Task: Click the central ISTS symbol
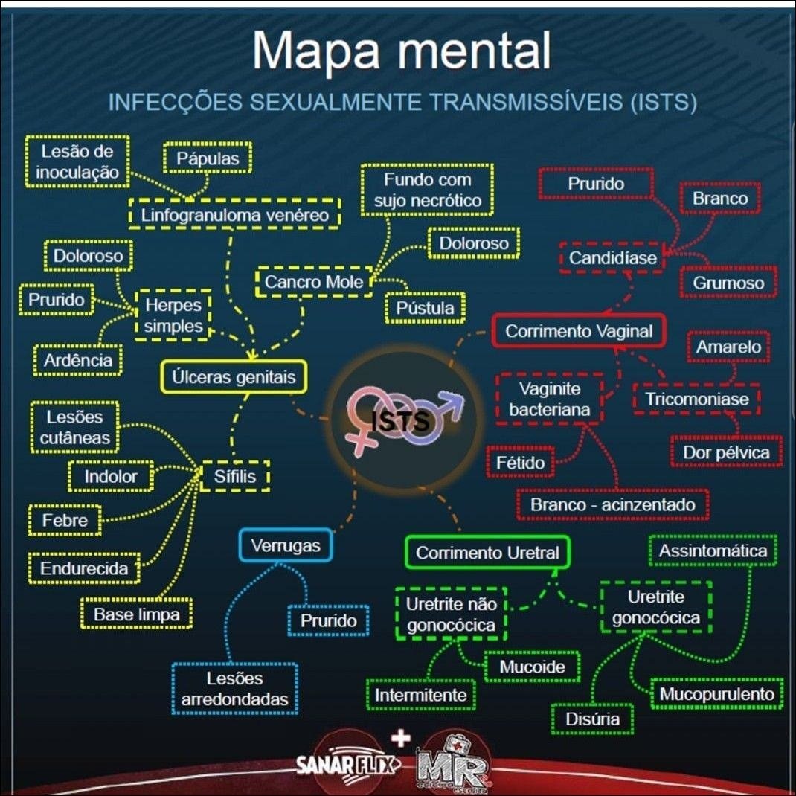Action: pyautogui.click(x=402, y=420)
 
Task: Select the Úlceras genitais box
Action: pyautogui.click(x=234, y=377)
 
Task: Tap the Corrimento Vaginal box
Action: pyautogui.click(x=578, y=331)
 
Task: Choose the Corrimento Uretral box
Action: pyautogui.click(x=487, y=553)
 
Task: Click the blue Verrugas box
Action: pyautogui.click(x=285, y=545)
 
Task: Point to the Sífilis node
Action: pyautogui.click(x=235, y=476)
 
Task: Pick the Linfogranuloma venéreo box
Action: pyautogui.click(x=235, y=215)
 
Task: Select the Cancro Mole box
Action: pyautogui.click(x=314, y=282)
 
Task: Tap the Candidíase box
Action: pyautogui.click(x=613, y=258)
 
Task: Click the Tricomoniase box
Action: pyautogui.click(x=696, y=399)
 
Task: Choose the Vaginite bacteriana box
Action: pyautogui.click(x=549, y=399)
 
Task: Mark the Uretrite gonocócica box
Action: pyautogui.click(x=655, y=607)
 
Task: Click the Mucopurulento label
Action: pyautogui.click(x=717, y=694)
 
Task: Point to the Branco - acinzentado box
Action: pyautogui.click(x=612, y=505)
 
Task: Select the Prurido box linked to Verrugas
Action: pyautogui.click(x=328, y=620)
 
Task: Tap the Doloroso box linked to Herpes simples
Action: pyautogui.click(x=88, y=257)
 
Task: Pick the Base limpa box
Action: pyautogui.click(x=136, y=614)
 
